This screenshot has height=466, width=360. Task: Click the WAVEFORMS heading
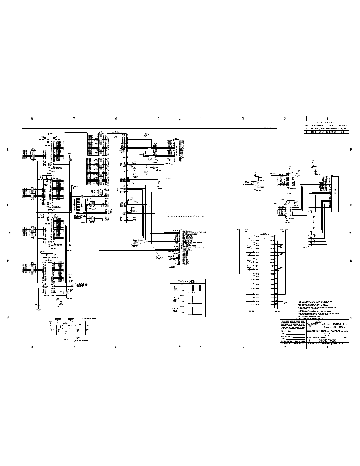pos(187,281)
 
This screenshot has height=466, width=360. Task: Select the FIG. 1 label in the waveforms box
pos(175,287)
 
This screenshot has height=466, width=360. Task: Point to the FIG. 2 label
pos(175,298)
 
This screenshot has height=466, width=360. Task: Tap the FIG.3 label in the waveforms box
pos(175,308)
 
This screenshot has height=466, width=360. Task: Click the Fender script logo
pos(314,324)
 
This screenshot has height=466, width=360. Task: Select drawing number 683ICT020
pos(327,340)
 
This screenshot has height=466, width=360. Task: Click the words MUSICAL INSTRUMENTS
pos(334,324)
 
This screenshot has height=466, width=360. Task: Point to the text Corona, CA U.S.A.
pos(334,327)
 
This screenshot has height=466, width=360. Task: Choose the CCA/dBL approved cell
pos(343,129)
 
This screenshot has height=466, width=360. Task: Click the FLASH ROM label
pos(49,295)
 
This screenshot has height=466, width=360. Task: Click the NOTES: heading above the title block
pos(303,318)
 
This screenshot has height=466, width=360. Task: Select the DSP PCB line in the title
pos(327,335)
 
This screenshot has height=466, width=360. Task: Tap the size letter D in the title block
pos(309,340)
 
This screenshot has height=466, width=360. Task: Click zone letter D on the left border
pos(8,149)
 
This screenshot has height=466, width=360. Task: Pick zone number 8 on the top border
pos(32,119)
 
